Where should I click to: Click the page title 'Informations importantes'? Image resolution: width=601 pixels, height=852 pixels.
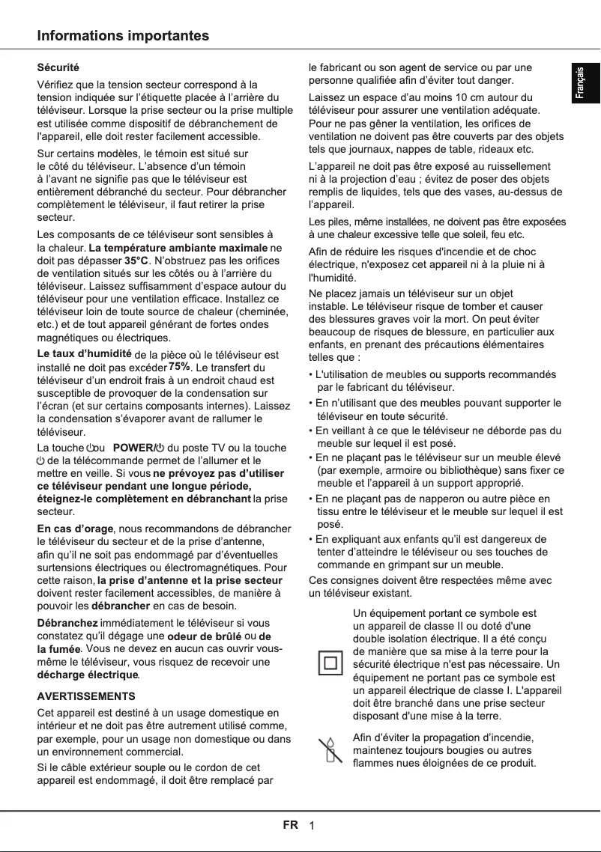[x=124, y=36]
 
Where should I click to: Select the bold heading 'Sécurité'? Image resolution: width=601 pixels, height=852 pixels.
[x=58, y=69]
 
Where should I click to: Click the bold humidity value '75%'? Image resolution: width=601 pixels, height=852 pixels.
[x=180, y=367]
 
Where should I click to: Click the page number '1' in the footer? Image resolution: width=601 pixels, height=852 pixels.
[x=312, y=826]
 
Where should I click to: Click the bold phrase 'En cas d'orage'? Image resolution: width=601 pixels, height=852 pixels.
[x=75, y=529]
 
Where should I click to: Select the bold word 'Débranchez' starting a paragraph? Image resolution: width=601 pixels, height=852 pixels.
[x=67, y=623]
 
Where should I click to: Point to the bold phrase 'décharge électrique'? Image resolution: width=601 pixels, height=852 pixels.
[x=88, y=675]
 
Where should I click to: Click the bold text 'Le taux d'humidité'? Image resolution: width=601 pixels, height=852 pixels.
[x=85, y=354]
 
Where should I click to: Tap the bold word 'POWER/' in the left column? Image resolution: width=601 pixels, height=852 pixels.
[x=133, y=448]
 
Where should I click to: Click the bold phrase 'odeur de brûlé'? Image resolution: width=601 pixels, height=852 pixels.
[x=204, y=636]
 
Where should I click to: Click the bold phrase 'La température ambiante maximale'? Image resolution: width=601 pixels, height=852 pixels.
[x=178, y=248]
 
